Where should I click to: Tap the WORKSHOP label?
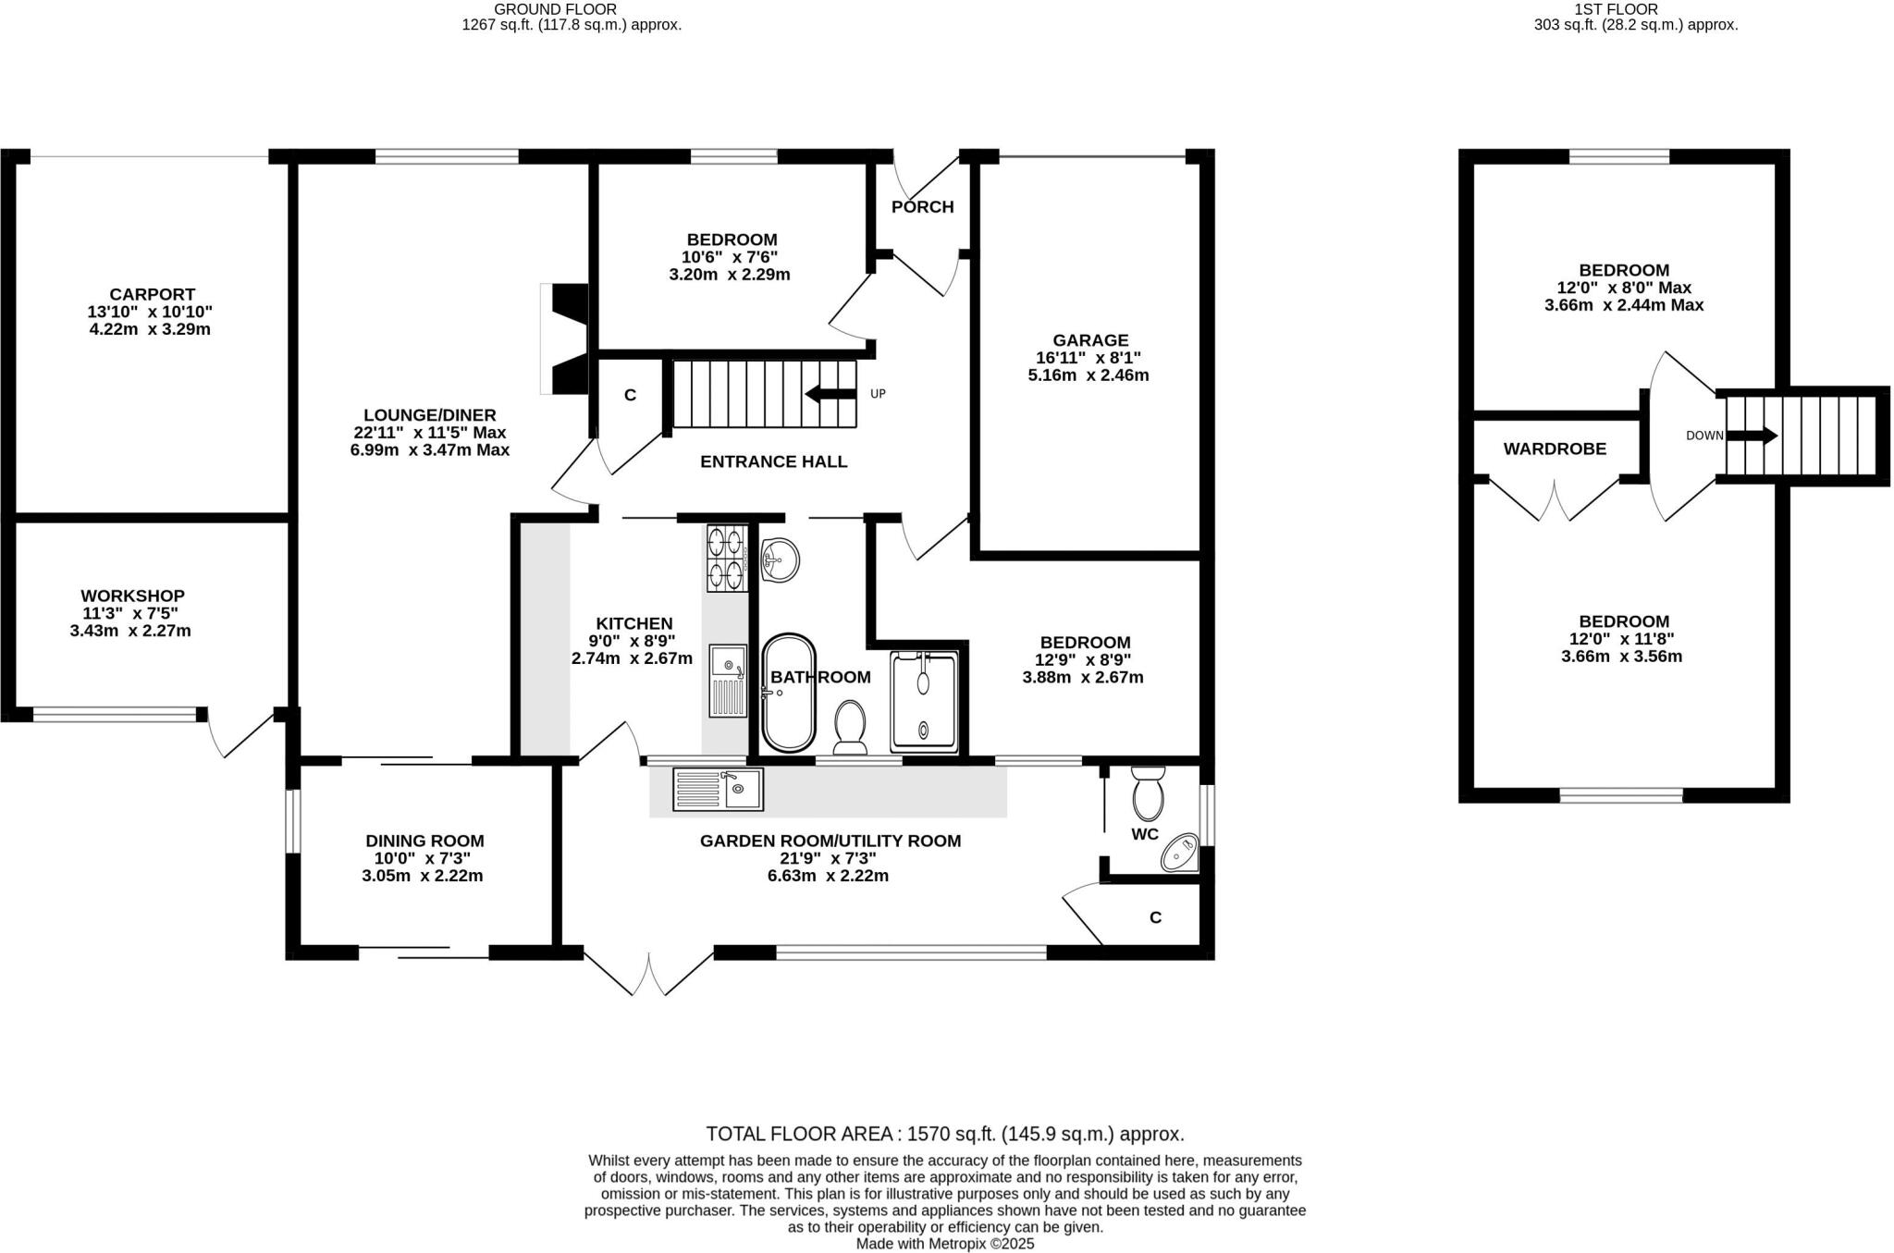coord(132,596)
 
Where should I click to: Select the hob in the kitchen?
coord(727,558)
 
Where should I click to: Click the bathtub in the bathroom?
coord(788,693)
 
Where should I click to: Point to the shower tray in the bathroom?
coord(923,703)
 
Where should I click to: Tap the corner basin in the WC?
coord(1180,853)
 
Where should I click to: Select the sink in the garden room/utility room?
coord(718,789)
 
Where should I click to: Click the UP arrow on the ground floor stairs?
coord(830,394)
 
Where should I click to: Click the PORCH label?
coord(922,207)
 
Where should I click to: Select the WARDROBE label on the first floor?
coord(1554,449)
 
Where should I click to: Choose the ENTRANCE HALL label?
coord(773,461)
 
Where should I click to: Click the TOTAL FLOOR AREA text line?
coord(944,1134)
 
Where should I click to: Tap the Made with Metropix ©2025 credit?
coord(944,1244)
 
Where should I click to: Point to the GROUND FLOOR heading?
coord(555,9)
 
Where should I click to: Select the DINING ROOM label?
coord(424,841)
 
